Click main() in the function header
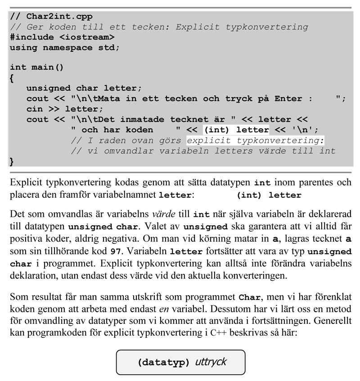(47, 67)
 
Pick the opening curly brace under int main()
(12, 78)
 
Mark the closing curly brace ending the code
(12, 161)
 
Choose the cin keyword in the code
(34, 109)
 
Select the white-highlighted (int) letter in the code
(236, 130)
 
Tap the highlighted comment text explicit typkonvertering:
(255, 140)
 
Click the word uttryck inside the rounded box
(211, 362)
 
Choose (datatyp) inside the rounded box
(163, 363)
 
